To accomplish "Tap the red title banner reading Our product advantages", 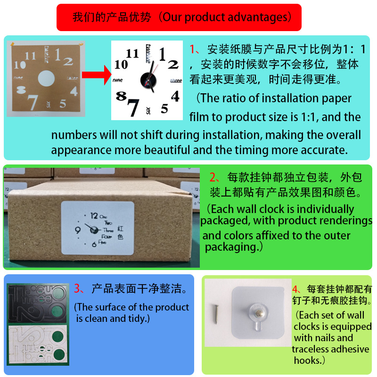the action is [x=179, y=17].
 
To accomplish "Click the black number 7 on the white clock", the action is [x=133, y=107].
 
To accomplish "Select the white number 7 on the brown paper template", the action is [x=33, y=102].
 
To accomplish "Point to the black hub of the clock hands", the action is [x=148, y=80].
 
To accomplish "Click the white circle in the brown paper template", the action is [x=46, y=78].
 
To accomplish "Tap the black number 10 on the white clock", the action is [x=121, y=65].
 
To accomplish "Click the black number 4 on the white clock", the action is [x=175, y=96].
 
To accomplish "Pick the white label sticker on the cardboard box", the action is [x=98, y=228].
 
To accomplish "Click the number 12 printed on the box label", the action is [x=94, y=216].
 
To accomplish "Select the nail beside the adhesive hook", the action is [x=216, y=314].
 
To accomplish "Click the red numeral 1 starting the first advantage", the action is [x=192, y=49].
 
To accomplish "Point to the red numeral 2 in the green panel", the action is [x=213, y=178].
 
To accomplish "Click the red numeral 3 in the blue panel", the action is [x=77, y=288].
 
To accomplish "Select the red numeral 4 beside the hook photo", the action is [x=295, y=289].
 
